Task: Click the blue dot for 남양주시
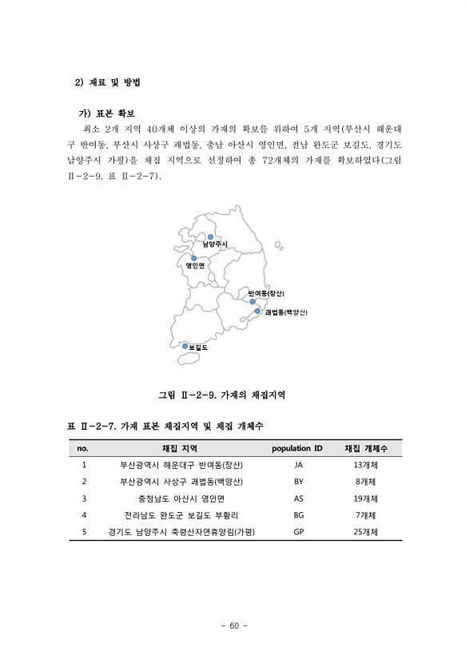pyautogui.click(x=211, y=236)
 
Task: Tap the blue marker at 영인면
pyautogui.click(x=194, y=258)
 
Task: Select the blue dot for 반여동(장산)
pyautogui.click(x=253, y=301)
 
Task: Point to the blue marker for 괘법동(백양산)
pyautogui.click(x=258, y=312)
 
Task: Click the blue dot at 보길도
pyautogui.click(x=185, y=346)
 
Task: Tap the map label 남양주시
pyautogui.click(x=215, y=244)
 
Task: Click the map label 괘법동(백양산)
pyautogui.click(x=285, y=312)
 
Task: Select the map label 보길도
pyautogui.click(x=198, y=347)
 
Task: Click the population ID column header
pyautogui.click(x=297, y=448)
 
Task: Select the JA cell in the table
pyautogui.click(x=299, y=465)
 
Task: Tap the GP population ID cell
pyautogui.click(x=299, y=532)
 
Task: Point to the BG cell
pyautogui.click(x=299, y=515)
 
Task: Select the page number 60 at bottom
pyautogui.click(x=234, y=625)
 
